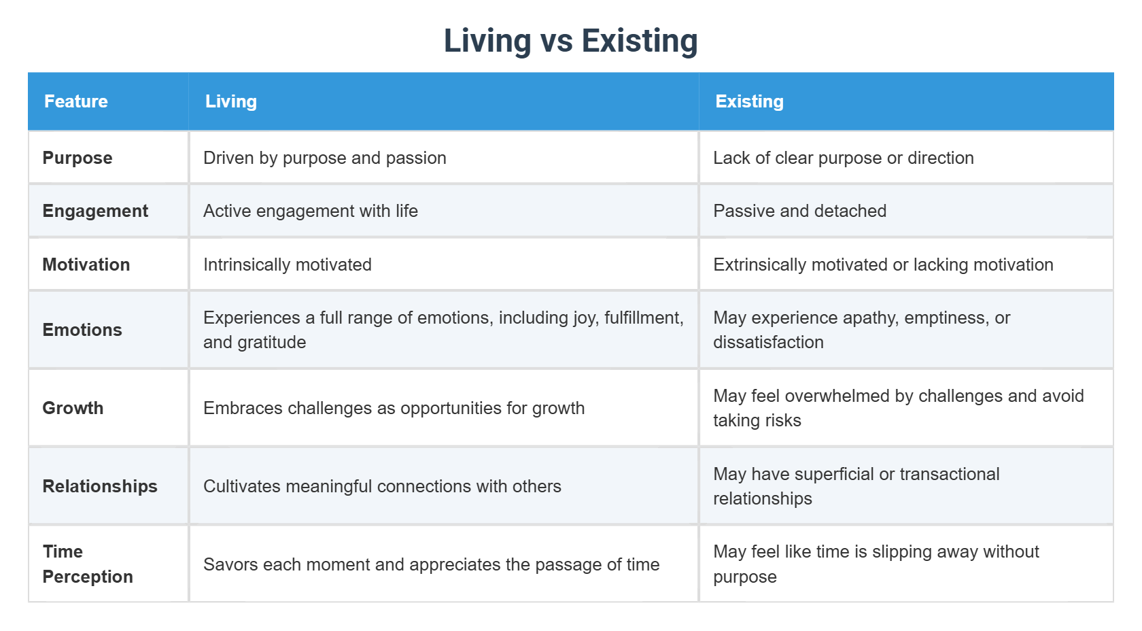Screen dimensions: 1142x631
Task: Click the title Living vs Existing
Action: click(570, 41)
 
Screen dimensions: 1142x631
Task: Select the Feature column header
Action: click(76, 101)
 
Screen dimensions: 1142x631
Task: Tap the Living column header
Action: click(231, 101)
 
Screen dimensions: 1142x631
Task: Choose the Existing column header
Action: click(749, 101)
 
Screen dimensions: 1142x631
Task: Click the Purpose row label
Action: click(77, 158)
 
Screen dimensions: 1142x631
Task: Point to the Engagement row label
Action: click(95, 211)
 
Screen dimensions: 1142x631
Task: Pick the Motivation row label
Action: click(86, 265)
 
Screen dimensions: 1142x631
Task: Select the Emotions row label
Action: click(82, 330)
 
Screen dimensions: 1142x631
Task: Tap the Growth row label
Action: click(73, 408)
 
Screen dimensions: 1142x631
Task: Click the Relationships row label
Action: click(100, 487)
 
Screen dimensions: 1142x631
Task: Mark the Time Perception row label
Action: click(88, 564)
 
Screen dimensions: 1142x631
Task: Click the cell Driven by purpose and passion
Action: click(325, 158)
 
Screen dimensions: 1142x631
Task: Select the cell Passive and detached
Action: click(800, 211)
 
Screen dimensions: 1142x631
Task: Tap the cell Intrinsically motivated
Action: click(288, 265)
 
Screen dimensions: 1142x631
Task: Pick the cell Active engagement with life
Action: click(311, 211)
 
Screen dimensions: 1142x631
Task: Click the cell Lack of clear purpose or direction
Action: click(844, 158)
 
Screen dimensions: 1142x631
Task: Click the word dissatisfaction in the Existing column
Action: click(768, 342)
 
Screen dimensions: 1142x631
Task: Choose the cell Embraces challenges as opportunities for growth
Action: click(394, 408)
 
